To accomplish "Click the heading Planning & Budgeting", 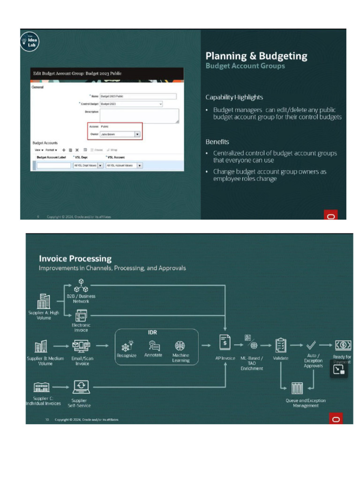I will [256, 56].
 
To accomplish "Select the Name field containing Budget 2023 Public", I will [138, 96].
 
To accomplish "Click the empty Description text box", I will [139, 115].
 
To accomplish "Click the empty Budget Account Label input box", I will [54, 165].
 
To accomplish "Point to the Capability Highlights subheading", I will [234, 97].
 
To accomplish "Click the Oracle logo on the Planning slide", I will [331, 216].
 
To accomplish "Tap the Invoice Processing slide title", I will [75, 258].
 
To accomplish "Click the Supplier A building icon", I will [44, 301].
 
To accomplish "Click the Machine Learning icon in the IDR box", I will [180, 345].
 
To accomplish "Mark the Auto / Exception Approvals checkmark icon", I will [311, 345].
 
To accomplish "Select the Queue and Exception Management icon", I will [297, 388].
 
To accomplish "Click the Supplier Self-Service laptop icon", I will [81, 387].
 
